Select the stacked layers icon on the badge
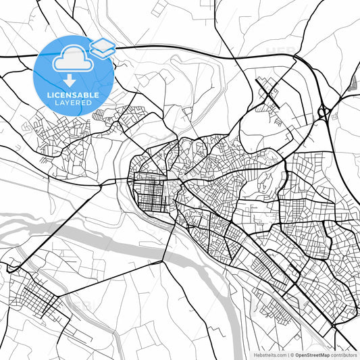click(103, 47)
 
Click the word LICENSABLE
click(73, 96)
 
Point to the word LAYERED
click(73, 105)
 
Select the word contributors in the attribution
click(343, 354)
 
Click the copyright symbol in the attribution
click(292, 354)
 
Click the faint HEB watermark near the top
click(274, 51)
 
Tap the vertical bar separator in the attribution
click(288, 354)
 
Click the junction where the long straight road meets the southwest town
click(8, 270)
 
